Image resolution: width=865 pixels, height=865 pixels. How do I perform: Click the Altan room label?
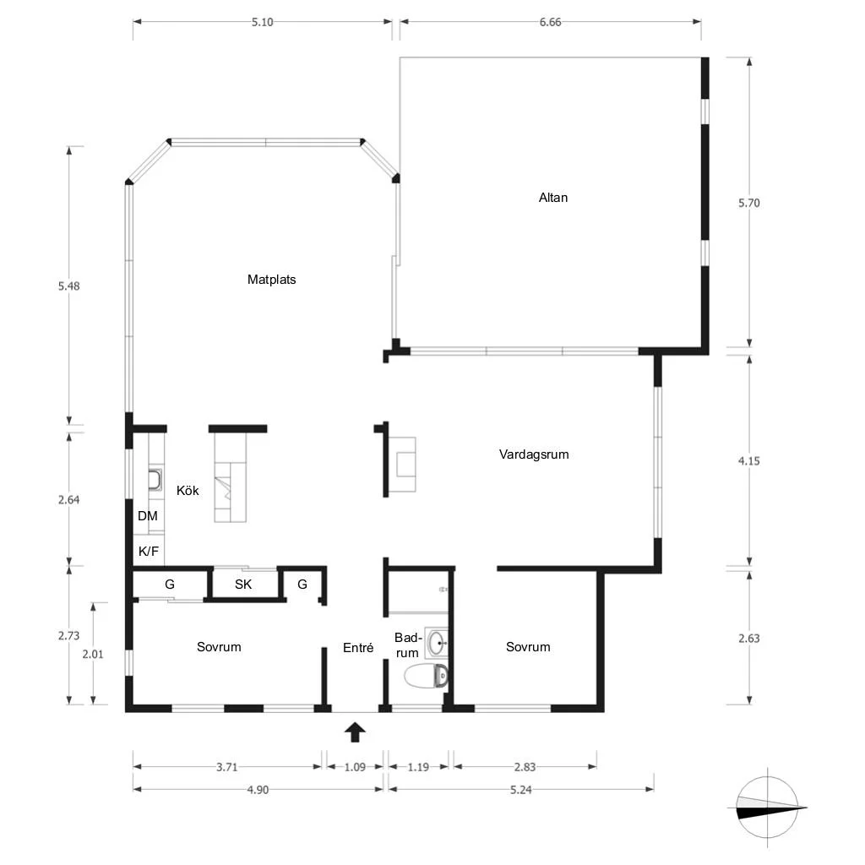coord(552,198)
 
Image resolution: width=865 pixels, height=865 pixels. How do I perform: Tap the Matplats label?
coord(271,280)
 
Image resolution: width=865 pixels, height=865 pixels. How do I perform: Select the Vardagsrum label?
coord(534,454)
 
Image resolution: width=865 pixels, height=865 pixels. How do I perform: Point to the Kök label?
coord(188,491)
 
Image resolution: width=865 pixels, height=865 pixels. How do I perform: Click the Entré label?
coord(358,648)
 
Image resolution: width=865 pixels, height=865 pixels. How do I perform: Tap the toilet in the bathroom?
coord(426,677)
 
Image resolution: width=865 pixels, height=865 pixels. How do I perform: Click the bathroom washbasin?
coord(437,643)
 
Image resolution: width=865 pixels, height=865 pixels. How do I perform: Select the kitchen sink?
coord(155,480)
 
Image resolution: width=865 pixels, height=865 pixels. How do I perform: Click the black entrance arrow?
coord(355,732)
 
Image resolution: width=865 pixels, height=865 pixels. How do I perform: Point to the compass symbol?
coord(767,808)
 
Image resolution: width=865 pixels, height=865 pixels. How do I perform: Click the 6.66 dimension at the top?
coord(550,22)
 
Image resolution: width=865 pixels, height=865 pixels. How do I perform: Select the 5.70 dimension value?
coord(748,203)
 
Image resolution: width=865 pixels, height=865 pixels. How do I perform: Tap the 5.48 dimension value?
coord(69,286)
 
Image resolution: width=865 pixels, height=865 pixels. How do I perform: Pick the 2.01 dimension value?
coord(93,655)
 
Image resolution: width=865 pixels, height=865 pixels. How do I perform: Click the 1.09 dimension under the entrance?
coord(355,767)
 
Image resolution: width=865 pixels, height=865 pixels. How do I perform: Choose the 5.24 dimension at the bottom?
coord(520,790)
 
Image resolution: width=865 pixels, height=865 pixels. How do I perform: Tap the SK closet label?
coord(243,585)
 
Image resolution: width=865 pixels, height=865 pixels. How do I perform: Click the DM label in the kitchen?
coord(147,516)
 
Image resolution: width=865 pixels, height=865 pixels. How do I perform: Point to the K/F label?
coord(149,551)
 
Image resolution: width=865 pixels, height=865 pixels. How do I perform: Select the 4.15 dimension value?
coord(748,461)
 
